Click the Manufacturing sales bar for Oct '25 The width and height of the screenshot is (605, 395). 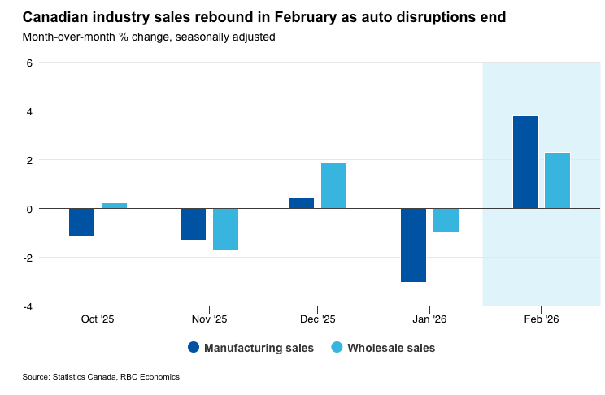[x=81, y=222]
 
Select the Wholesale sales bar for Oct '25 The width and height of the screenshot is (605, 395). [x=114, y=206]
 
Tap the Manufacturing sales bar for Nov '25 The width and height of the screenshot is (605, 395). [x=193, y=224]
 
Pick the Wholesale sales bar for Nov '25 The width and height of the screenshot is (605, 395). [x=225, y=229]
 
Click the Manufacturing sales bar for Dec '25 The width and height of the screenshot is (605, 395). [x=301, y=203]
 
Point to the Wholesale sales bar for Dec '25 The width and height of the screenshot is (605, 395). [x=333, y=186]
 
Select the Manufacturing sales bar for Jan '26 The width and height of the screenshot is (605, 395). [x=413, y=245]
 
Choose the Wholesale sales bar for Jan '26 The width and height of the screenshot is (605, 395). [x=446, y=220]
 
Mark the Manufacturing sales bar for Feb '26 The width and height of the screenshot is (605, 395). [x=525, y=163]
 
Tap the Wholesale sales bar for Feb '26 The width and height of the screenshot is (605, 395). [x=557, y=180]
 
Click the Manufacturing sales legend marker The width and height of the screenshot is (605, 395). [x=194, y=348]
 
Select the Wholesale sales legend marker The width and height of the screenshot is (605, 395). [x=337, y=348]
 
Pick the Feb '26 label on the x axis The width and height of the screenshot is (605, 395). [x=542, y=320]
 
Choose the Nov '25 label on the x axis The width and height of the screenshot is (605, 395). [x=209, y=320]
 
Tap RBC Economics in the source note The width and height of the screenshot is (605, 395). [x=150, y=377]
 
